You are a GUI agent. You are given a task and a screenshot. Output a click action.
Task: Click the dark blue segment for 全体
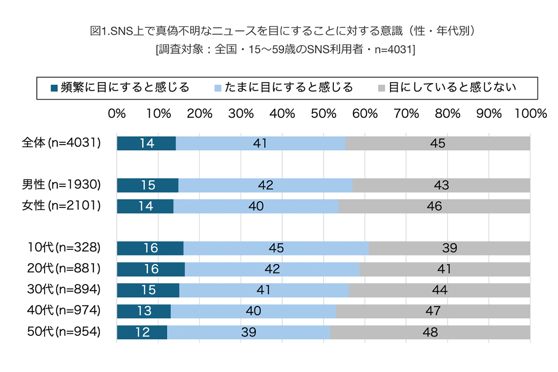146,144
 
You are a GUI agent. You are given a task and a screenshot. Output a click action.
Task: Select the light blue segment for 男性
265,186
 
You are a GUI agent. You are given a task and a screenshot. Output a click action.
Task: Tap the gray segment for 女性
434,206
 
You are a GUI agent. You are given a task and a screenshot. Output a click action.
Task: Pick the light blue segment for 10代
276,248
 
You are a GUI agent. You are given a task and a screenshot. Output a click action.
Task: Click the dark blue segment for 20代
151,269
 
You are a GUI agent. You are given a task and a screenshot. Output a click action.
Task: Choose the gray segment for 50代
430,332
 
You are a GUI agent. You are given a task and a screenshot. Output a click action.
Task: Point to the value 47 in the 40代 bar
433,311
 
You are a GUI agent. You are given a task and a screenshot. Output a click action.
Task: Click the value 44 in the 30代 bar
439,290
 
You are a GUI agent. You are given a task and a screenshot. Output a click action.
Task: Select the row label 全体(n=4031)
61,143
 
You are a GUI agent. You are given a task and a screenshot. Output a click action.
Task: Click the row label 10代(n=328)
65,248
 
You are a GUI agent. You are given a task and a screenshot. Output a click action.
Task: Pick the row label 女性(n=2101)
61,206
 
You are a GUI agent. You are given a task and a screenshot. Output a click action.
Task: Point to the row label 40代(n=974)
65,311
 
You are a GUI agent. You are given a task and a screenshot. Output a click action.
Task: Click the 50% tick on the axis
324,114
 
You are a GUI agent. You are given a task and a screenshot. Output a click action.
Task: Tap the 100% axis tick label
530,114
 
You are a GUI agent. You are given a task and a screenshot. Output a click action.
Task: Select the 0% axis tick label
117,114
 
